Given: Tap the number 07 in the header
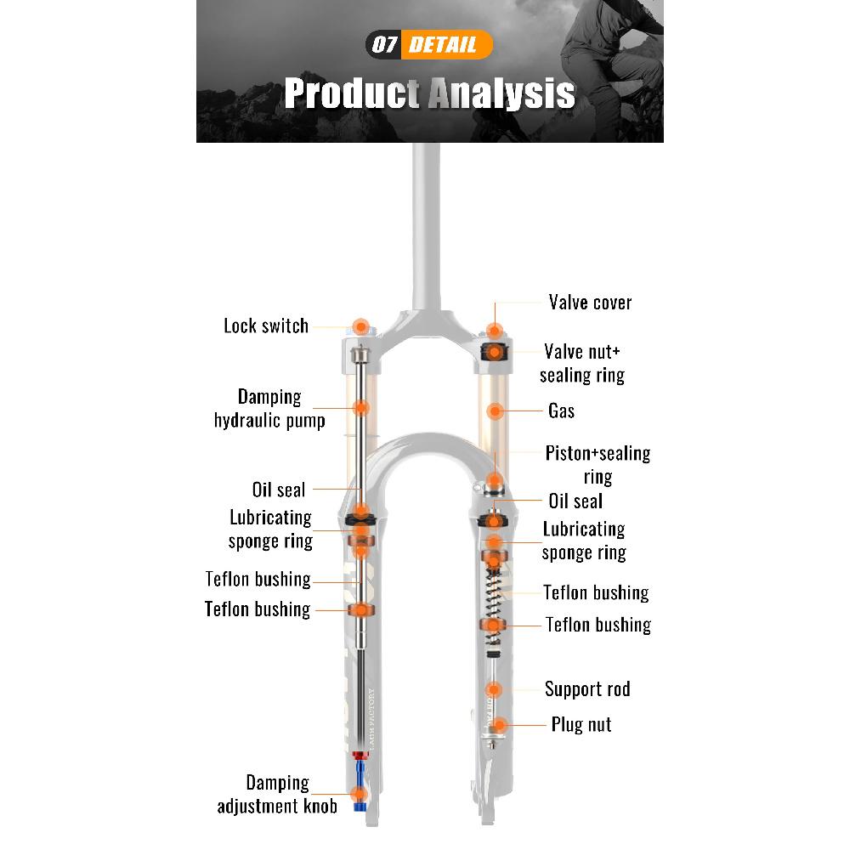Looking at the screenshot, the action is coord(384,44).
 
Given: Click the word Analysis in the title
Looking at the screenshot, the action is coord(501,93).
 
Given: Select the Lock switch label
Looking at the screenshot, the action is coord(266,326).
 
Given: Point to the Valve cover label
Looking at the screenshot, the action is coord(590,302).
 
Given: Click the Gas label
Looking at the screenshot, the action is coord(561,411).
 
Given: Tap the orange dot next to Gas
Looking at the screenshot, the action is coord(495,411).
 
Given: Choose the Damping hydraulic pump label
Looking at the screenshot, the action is coord(269,409).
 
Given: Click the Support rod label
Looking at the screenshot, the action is coord(587,689).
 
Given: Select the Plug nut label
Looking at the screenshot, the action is coord(581,725).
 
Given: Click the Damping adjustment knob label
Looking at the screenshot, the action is coord(277,795).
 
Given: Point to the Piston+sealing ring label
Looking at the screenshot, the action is coord(598,465).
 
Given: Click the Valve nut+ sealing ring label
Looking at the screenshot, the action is coord(582,363).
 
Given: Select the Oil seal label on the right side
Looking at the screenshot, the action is coord(575,501).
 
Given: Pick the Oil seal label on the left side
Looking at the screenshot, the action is coord(279,490).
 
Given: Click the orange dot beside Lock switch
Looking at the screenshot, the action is coord(360,326).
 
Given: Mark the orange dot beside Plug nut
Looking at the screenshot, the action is coord(499,725).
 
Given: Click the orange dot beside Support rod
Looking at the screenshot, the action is coord(494,689).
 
